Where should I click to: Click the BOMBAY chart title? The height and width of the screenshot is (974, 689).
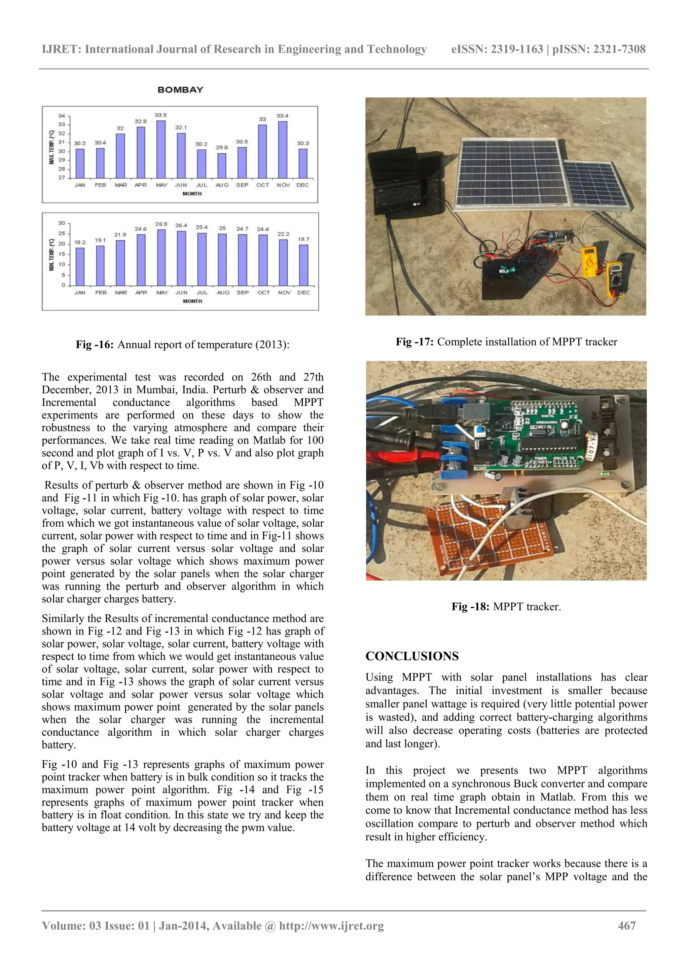[x=180, y=90]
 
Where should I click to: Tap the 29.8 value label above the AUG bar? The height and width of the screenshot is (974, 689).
[x=222, y=147]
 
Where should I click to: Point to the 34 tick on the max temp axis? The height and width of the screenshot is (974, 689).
[x=62, y=116]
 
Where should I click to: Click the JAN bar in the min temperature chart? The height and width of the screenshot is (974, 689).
[x=80, y=267]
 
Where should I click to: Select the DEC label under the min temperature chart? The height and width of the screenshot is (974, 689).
[x=303, y=292]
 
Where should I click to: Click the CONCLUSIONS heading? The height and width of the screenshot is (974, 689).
[x=412, y=656]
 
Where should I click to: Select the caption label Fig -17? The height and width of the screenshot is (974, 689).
[x=414, y=342]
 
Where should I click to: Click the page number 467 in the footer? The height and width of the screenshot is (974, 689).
[x=627, y=926]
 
